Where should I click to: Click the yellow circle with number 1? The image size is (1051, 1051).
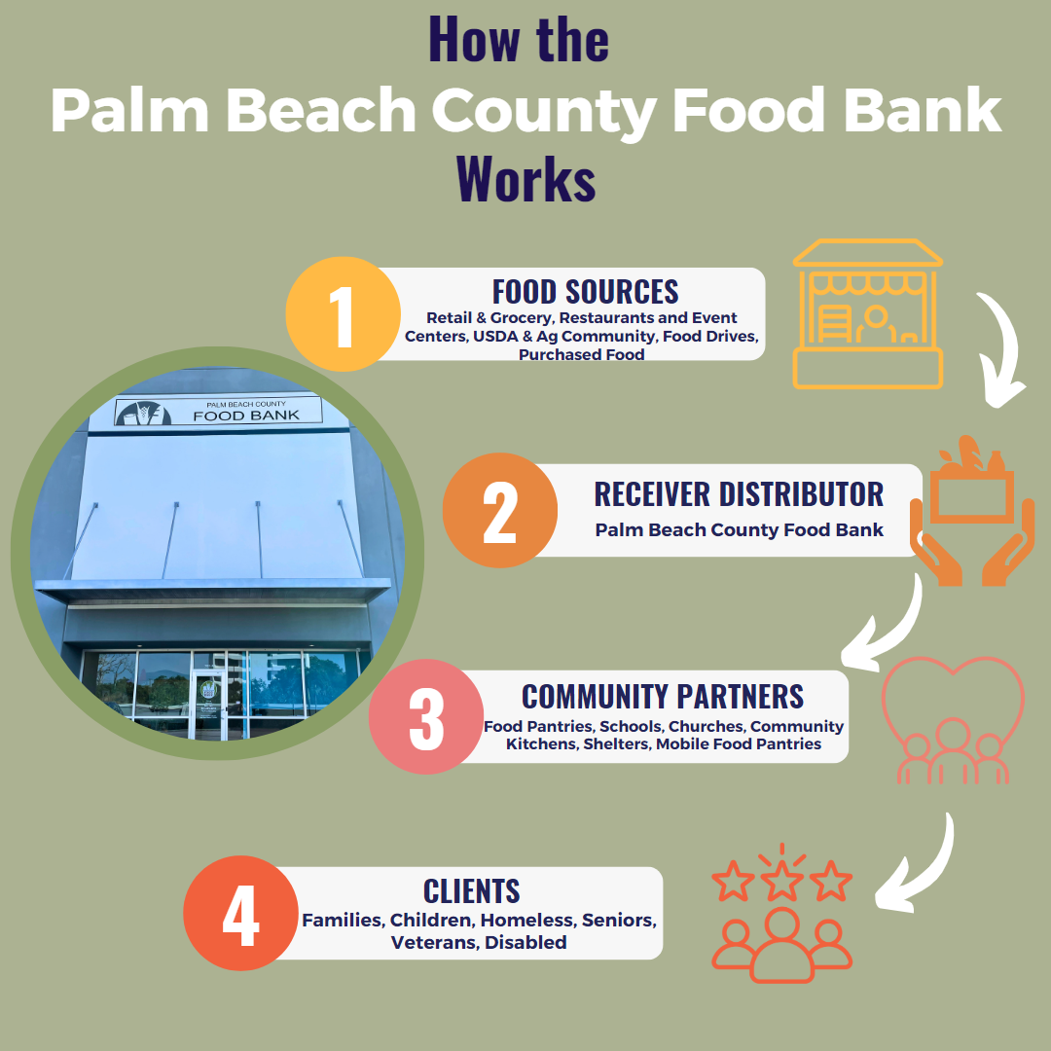(343, 314)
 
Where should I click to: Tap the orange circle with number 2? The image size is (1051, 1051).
(499, 511)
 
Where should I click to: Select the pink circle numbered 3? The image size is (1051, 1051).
(426, 717)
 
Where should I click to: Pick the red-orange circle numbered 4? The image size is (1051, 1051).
(240, 913)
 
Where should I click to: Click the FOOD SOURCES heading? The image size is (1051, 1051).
(585, 291)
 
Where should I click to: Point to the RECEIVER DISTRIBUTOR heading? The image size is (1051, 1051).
(739, 493)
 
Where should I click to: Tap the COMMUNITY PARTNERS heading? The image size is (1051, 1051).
(663, 696)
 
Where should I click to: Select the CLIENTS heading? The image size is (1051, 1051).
(471, 890)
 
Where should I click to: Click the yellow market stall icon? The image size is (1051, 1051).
(867, 314)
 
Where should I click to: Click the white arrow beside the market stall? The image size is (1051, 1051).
(1002, 350)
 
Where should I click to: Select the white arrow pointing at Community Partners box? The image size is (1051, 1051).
(886, 623)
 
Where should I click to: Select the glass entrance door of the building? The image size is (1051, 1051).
(208, 704)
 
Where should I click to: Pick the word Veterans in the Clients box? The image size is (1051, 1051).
(433, 942)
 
